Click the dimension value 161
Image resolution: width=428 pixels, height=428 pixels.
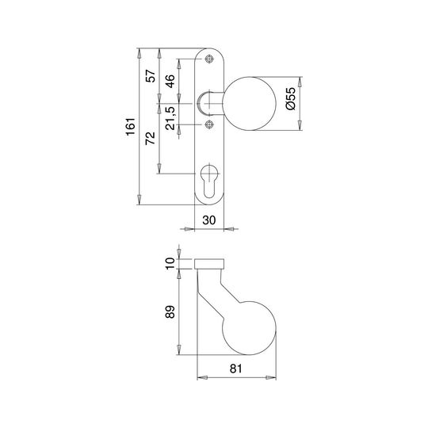[x=131, y=127]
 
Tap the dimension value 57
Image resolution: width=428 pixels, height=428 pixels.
[x=151, y=76]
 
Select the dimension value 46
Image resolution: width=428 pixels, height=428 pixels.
[x=170, y=82]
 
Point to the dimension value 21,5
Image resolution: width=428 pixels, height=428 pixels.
[x=170, y=118]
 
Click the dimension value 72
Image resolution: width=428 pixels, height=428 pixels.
[x=151, y=139]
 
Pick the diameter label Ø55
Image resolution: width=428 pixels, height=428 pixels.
[x=291, y=98]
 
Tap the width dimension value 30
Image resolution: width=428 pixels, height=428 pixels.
[x=209, y=220]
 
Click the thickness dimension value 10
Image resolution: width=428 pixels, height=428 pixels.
[x=170, y=263]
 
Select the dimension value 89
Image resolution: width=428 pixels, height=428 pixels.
[x=170, y=311]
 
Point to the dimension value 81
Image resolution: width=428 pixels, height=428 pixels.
[x=236, y=369]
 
